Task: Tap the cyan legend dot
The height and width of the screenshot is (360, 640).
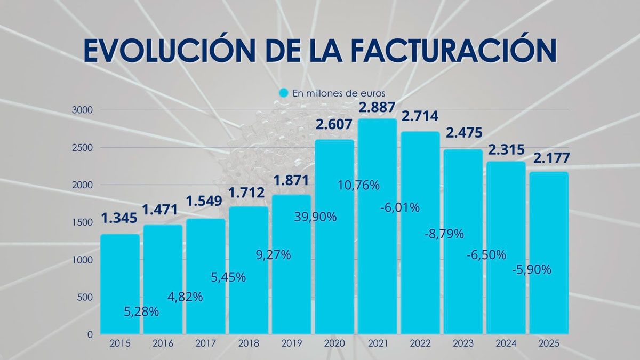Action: pos(284,93)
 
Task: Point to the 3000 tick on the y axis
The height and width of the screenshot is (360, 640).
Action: pos(83,110)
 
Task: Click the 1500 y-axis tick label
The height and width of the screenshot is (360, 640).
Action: pos(83,222)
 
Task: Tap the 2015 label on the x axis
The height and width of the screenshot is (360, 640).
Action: pos(120,344)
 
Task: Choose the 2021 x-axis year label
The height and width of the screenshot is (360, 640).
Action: pos(377,344)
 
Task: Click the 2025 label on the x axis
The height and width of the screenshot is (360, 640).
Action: pos(549,344)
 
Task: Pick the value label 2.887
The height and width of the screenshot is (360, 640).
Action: pos(378,107)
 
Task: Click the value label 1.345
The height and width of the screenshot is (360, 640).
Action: pos(119,218)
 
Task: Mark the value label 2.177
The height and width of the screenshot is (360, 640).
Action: pos(549,159)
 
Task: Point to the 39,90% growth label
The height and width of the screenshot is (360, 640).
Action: pos(315,217)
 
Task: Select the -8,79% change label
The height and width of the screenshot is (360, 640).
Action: pos(444,234)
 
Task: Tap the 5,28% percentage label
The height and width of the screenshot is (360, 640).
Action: pos(141,311)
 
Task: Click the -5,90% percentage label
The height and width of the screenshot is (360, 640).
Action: pos(531,270)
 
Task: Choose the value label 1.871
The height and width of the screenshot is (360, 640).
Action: pos(291,181)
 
